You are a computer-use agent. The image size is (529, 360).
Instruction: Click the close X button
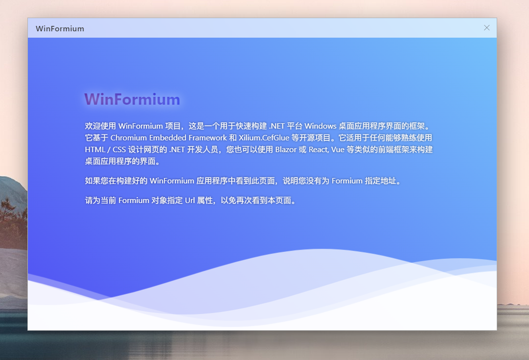point(486,28)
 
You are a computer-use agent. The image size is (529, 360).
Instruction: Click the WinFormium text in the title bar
point(60,29)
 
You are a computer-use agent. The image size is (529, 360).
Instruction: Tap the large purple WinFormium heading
point(132,99)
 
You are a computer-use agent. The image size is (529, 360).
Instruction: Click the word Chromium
point(129,138)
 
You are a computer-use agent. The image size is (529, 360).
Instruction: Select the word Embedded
point(168,138)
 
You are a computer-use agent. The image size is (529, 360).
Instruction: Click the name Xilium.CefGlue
point(264,138)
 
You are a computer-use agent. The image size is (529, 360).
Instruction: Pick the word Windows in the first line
point(321,126)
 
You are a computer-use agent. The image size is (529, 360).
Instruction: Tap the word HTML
point(95,150)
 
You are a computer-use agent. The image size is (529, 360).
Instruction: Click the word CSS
point(119,150)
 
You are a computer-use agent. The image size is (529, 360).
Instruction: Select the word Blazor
point(286,150)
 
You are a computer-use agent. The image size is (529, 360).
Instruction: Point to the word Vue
point(338,150)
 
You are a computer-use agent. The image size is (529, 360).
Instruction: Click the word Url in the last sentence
point(190,201)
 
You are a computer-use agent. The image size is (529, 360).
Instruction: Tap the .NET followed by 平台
point(277,126)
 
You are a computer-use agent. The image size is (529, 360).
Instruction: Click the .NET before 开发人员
point(177,150)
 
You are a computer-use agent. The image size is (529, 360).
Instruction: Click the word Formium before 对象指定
point(134,201)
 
